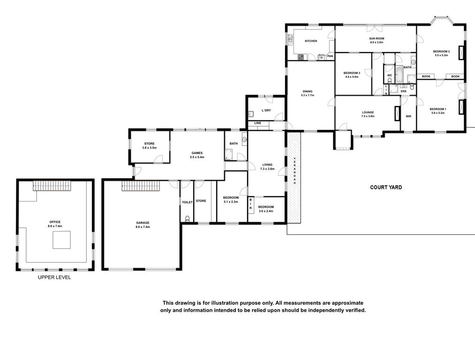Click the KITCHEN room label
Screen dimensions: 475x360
(x=311, y=41)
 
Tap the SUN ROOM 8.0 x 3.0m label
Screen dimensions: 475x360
(x=377, y=40)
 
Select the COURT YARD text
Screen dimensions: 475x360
(x=386, y=187)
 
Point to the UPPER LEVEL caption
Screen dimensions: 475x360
(x=54, y=277)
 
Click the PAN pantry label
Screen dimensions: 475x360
(x=330, y=56)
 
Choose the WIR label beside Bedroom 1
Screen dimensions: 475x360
(x=408, y=116)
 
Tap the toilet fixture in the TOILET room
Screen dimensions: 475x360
(x=187, y=218)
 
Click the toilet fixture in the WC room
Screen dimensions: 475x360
(x=390, y=80)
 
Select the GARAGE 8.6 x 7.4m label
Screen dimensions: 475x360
(x=143, y=225)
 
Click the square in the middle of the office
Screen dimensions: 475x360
(x=62, y=240)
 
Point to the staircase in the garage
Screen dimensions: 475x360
(x=140, y=186)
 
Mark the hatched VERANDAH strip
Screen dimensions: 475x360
(x=294, y=178)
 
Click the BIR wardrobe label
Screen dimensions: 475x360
(x=250, y=204)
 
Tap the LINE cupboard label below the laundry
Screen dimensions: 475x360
(x=258, y=123)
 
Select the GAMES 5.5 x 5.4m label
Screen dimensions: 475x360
(x=197, y=155)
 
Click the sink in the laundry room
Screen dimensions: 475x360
(x=251, y=114)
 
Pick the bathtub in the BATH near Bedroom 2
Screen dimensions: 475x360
(x=399, y=74)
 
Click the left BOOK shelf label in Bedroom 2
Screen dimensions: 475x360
(x=426, y=76)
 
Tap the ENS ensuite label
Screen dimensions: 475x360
(x=404, y=91)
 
